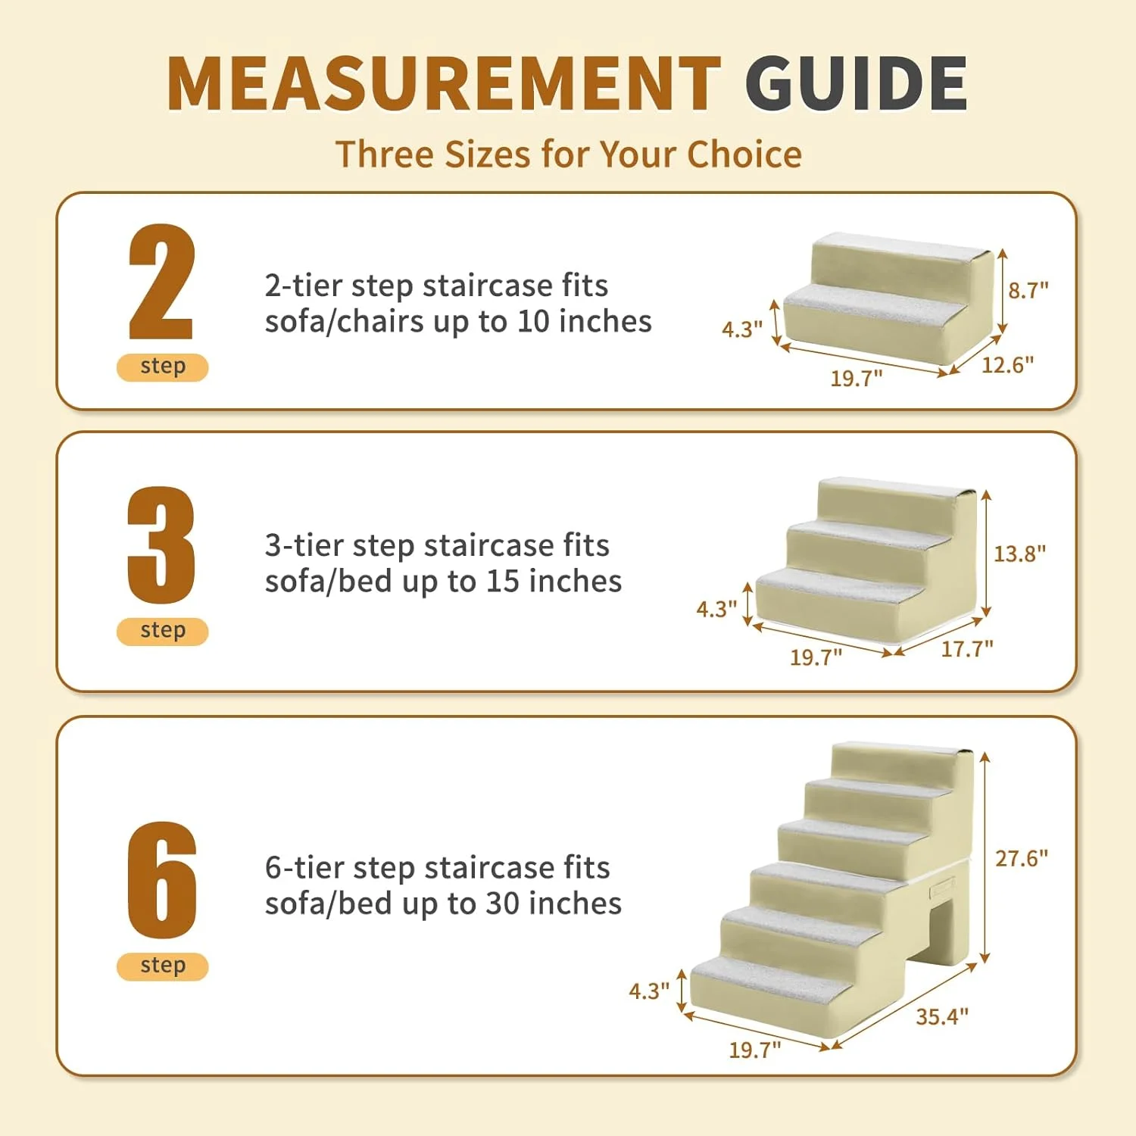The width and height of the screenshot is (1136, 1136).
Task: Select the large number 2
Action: tap(161, 282)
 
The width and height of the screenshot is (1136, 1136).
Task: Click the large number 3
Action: tap(161, 545)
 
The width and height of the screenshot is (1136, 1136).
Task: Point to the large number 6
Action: tap(161, 880)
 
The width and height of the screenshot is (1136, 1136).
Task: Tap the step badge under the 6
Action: tap(162, 966)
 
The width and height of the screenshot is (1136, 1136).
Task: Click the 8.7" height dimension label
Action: tap(1028, 290)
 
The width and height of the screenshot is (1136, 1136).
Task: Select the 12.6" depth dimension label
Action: tap(1007, 365)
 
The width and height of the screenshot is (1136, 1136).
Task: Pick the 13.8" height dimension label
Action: tap(1019, 554)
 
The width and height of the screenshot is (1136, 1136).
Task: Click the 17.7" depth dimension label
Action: tap(966, 649)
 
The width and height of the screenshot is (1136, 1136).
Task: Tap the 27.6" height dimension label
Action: tap(1021, 858)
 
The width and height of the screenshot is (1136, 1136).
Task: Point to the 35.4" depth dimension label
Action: tap(941, 1016)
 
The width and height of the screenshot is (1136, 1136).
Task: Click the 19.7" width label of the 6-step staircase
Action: tap(754, 1050)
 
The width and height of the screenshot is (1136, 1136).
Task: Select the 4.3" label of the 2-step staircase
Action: tap(741, 329)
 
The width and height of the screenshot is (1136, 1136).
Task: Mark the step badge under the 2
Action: tap(162, 367)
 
